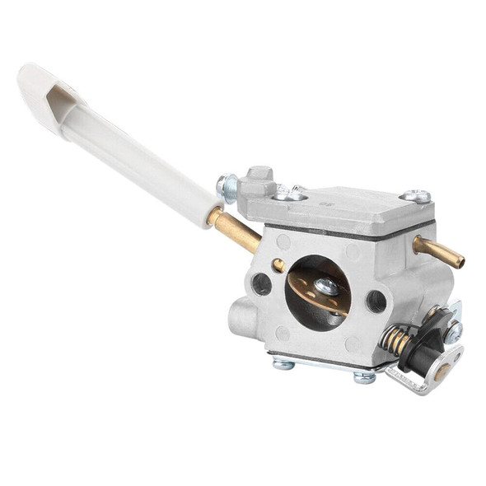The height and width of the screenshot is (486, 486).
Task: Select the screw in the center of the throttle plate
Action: coord(326,286)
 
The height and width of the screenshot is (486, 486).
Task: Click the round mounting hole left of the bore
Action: coord(262,285)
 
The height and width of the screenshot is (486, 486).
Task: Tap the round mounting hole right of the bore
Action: coord(376,301)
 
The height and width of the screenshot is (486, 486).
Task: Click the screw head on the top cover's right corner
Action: coord(416,196)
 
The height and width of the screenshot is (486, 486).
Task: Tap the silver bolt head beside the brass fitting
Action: coord(227,189)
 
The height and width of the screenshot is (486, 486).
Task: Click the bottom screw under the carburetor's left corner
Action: coord(284,363)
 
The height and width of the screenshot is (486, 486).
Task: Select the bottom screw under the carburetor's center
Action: coord(363,377)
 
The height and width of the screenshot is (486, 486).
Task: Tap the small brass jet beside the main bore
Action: coord(279,264)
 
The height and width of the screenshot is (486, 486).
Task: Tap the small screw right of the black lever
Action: coord(453,331)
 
